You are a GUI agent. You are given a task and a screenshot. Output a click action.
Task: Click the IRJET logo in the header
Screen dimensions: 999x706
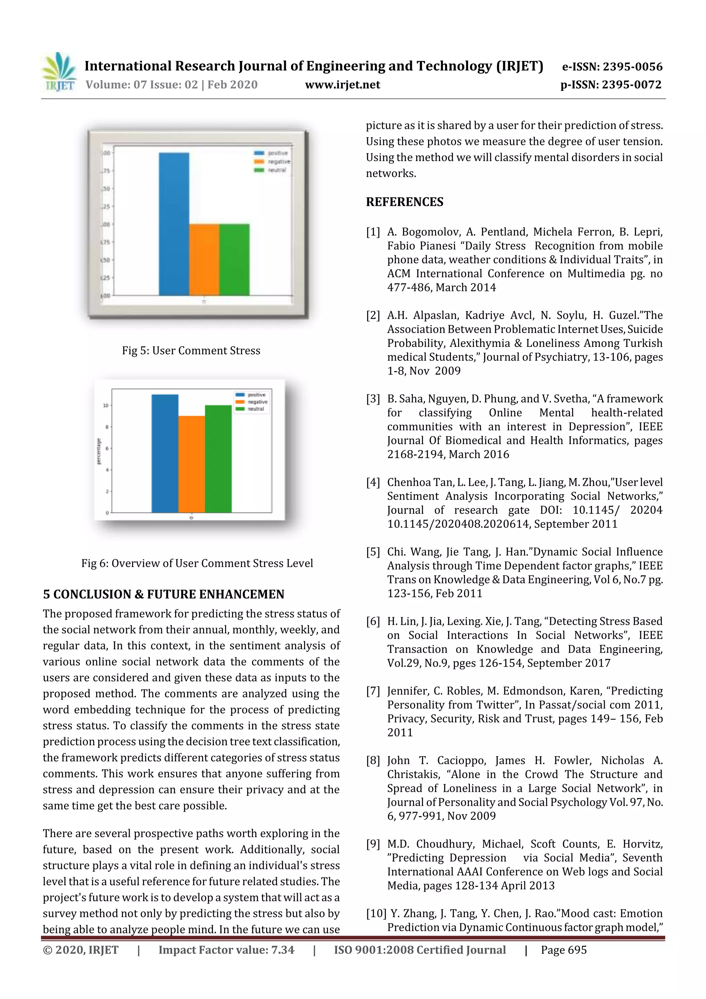[x=59, y=72]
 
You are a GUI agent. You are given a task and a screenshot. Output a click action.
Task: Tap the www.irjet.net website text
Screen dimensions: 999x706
[x=342, y=84]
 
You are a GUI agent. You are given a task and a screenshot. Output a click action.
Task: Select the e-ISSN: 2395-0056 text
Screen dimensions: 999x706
[x=612, y=67]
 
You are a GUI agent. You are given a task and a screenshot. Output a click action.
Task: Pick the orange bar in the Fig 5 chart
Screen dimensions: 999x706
[x=204, y=260]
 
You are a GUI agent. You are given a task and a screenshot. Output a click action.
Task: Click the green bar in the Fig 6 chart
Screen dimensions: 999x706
[x=218, y=459]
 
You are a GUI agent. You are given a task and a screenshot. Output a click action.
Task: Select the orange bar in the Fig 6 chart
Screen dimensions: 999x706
[x=191, y=464]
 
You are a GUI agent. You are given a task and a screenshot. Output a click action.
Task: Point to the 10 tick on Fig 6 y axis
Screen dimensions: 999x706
[x=105, y=406]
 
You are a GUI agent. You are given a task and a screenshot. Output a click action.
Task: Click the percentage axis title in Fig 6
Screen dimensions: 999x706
[x=98, y=451]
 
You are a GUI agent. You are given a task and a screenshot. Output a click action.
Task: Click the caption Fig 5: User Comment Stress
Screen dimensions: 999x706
[x=191, y=351]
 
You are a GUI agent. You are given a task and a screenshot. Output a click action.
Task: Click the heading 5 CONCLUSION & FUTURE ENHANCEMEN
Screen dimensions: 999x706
[x=163, y=594]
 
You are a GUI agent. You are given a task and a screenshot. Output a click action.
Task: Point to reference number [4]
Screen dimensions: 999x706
[x=373, y=482]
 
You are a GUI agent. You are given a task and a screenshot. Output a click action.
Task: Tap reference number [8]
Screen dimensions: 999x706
[x=373, y=761]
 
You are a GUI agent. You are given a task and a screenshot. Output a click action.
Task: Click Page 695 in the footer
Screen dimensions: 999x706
[x=563, y=950]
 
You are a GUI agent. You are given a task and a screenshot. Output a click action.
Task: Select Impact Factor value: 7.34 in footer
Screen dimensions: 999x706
[x=226, y=950]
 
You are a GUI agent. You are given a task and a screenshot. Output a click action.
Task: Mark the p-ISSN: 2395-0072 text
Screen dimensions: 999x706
[x=611, y=84]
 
